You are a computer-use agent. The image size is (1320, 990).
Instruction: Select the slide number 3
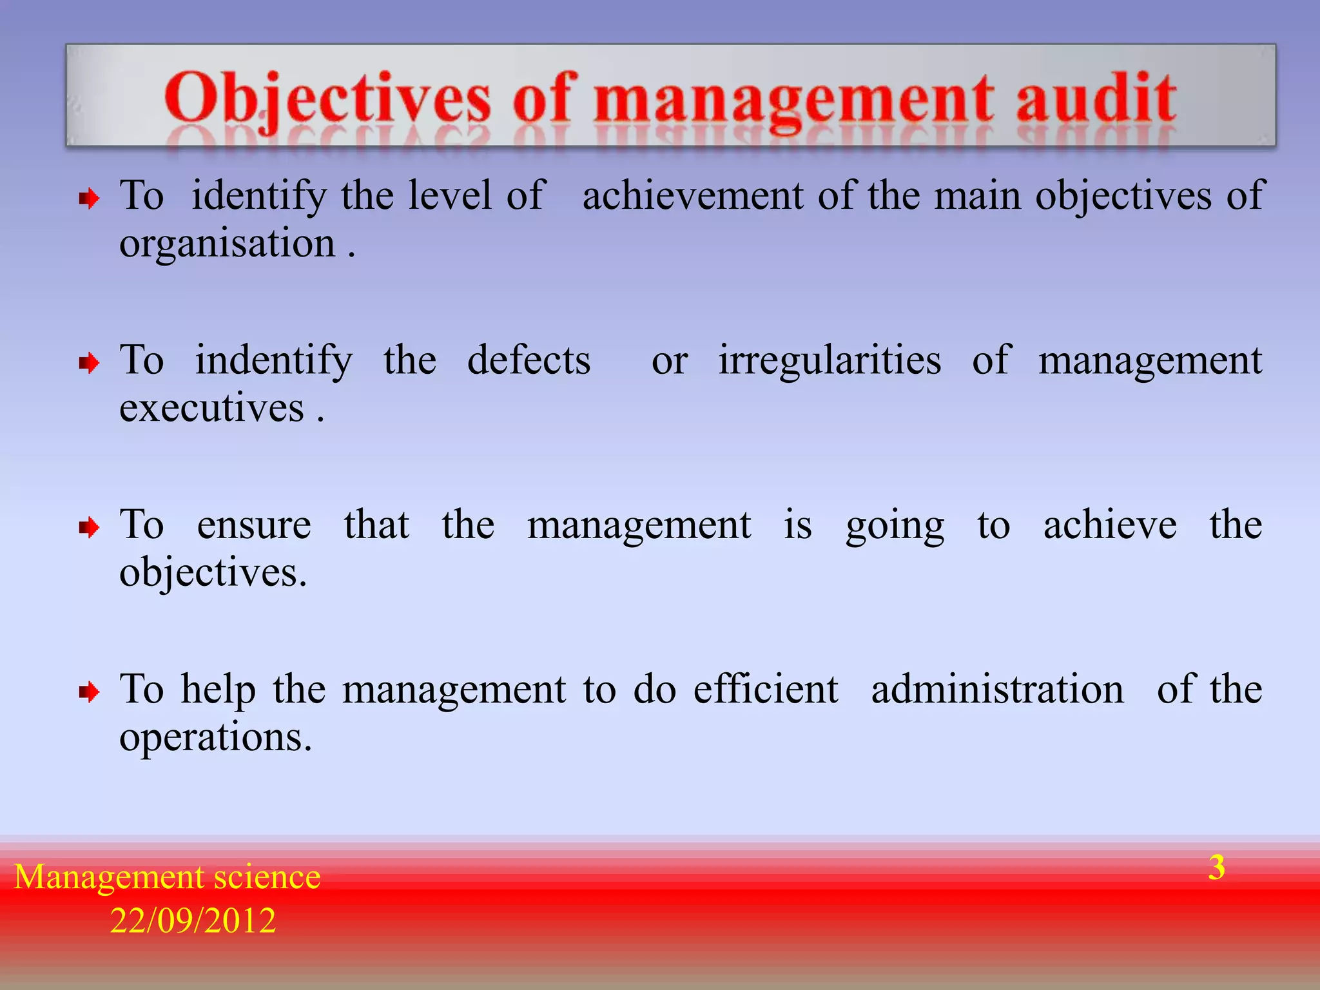coord(1216,868)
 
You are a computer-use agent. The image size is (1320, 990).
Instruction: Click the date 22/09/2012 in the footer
coord(193,920)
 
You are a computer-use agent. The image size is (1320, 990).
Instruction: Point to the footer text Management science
coord(167,877)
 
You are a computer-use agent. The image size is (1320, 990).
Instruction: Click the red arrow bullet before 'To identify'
coord(89,199)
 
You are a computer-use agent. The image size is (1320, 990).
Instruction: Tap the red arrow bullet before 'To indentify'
coord(89,364)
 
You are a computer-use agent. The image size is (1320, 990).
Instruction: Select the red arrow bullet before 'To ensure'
coord(89,529)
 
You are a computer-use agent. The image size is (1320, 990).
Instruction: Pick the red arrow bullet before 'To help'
coord(89,693)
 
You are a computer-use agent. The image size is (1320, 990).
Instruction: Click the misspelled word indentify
coord(274,361)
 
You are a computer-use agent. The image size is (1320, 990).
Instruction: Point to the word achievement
coord(693,195)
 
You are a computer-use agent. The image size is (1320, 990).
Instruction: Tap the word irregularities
coord(830,360)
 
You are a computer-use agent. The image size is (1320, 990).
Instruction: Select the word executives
coord(211,409)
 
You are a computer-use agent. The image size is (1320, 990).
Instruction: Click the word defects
coord(529,360)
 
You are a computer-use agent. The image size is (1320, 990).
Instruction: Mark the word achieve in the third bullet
coord(1110,525)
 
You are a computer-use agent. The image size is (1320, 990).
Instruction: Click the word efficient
coord(766,689)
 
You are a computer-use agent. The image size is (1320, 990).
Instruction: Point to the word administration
coord(997,689)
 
